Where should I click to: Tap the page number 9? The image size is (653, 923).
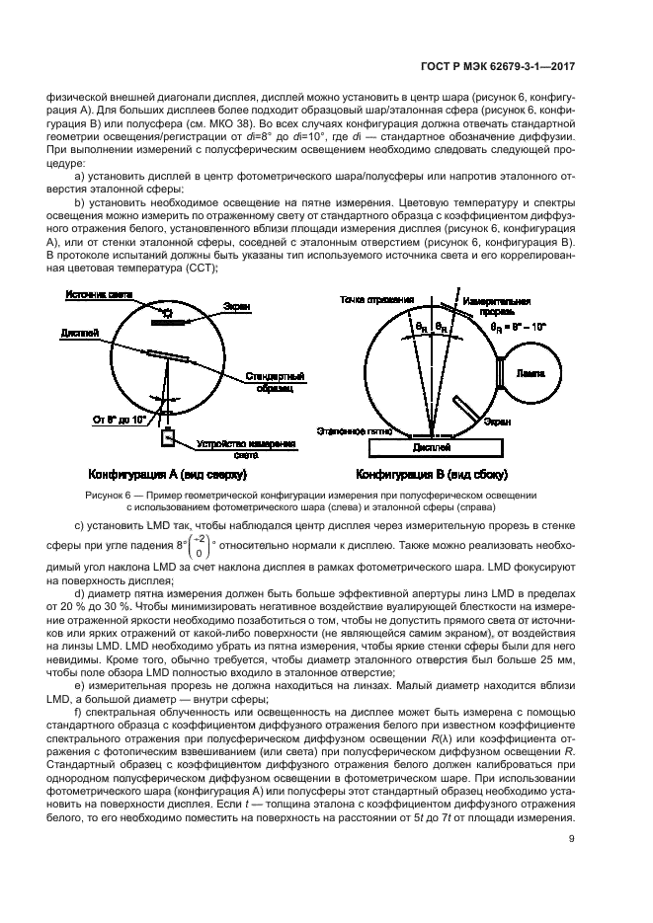point(575,840)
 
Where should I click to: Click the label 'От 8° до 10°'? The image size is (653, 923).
point(120,419)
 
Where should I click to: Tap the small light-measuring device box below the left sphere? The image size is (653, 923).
point(168,436)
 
